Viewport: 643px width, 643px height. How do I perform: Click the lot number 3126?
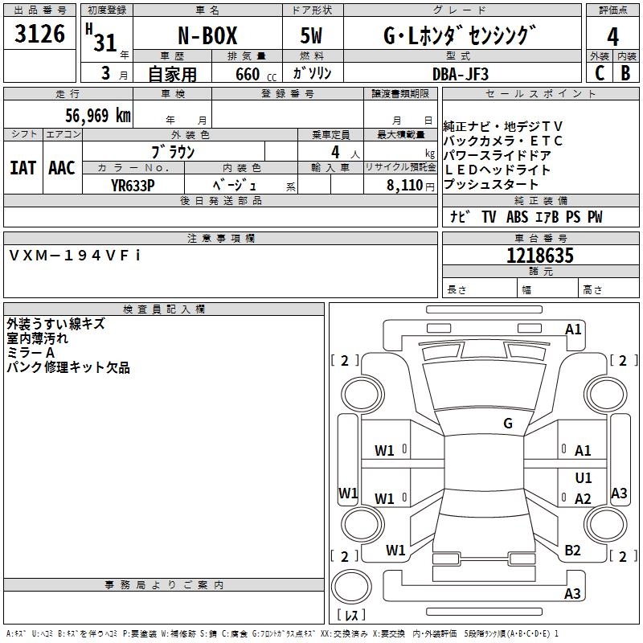pos(40,35)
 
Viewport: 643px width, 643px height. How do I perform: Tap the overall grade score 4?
pos(613,36)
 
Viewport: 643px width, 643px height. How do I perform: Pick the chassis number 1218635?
pos(540,256)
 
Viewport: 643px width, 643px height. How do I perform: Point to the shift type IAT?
pos(23,168)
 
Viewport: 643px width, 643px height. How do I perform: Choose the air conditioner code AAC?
pos(62,168)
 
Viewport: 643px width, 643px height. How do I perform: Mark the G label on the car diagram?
pos(508,424)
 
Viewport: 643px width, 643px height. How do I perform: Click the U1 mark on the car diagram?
pos(584,477)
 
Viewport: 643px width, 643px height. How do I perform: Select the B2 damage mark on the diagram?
pos(572,550)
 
